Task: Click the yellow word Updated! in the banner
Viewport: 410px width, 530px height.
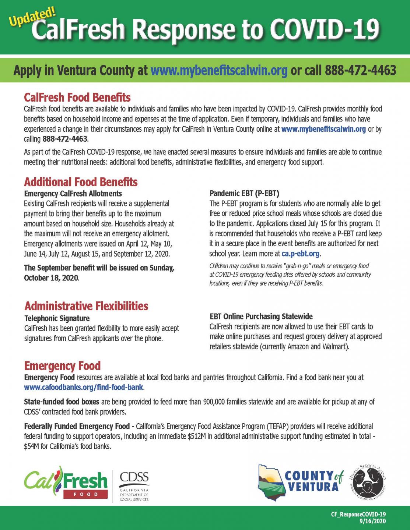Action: tap(32, 17)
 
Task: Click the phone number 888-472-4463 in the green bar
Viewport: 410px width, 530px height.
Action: tap(360, 70)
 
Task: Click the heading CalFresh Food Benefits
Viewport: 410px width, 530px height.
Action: tap(77, 97)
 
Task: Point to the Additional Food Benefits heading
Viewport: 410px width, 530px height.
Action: tap(81, 182)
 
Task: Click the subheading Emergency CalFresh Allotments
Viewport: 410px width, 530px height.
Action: tap(73, 193)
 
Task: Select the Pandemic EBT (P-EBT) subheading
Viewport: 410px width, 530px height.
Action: tap(244, 193)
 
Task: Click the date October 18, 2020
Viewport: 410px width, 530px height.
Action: tap(51, 278)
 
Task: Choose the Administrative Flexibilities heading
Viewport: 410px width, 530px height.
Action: tap(86, 306)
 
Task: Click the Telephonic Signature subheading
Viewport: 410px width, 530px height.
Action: tap(57, 318)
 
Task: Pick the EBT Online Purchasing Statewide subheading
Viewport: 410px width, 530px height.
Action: tap(261, 316)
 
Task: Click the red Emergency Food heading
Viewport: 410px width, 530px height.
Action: tap(62, 366)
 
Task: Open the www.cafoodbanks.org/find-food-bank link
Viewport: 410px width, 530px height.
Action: tap(84, 388)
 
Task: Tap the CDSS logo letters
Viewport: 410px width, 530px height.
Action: tap(134, 477)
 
